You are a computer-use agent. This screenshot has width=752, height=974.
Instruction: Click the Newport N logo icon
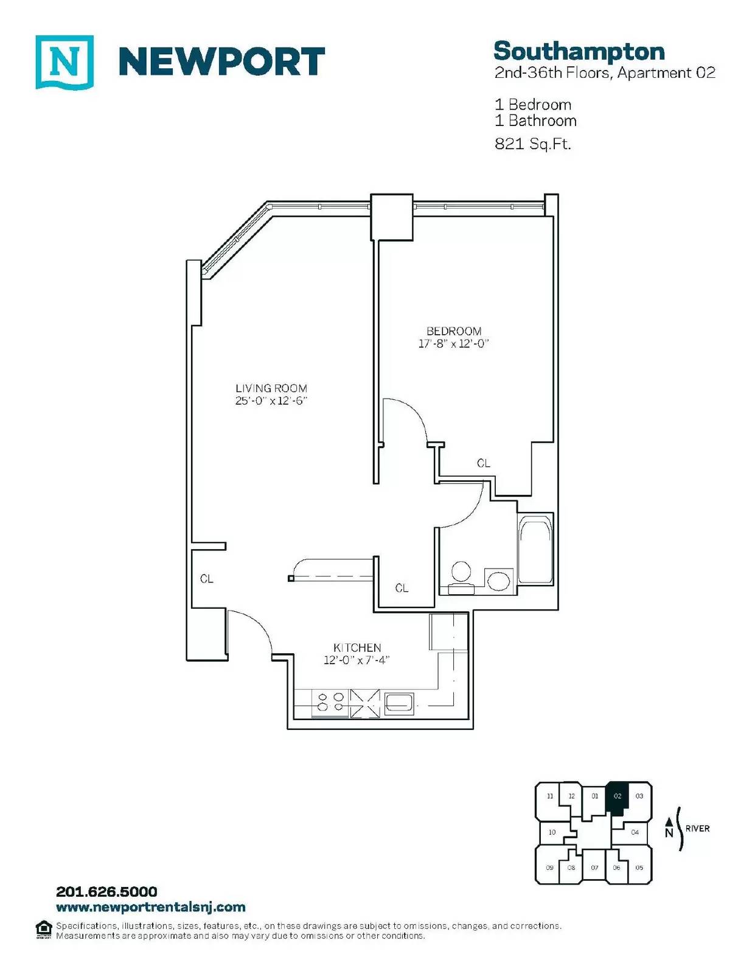coord(64,62)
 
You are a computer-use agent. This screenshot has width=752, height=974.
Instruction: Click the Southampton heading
coord(579,52)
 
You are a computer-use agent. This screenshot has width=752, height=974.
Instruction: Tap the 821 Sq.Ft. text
coord(532,144)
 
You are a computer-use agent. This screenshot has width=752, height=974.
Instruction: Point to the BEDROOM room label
coord(454,331)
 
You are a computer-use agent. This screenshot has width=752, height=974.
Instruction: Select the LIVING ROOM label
coord(271,388)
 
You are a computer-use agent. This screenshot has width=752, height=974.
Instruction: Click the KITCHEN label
coord(357,648)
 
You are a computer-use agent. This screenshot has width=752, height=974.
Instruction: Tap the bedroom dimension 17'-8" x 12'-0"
coord(453,344)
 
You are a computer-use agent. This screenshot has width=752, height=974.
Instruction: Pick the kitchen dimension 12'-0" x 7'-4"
coord(357,660)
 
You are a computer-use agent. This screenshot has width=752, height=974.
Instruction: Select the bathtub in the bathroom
coord(535,554)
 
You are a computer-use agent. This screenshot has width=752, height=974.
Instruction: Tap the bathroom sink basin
coord(498,581)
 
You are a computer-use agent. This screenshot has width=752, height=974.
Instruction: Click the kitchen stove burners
coord(330,702)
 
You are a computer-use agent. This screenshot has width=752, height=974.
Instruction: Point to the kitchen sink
coord(399,703)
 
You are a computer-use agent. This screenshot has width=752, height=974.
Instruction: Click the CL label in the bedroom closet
coord(483,463)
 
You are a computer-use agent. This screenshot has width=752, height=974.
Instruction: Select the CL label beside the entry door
coord(206,579)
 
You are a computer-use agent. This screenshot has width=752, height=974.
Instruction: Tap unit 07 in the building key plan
coord(594,867)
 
